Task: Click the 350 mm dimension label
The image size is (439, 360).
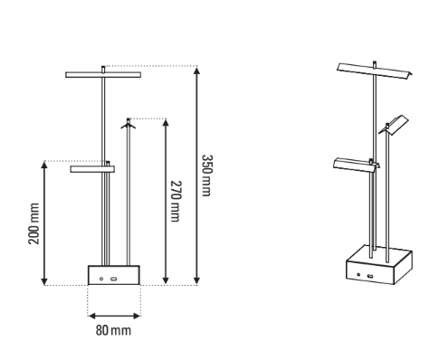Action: [207, 175]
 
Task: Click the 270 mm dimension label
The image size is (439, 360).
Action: [176, 201]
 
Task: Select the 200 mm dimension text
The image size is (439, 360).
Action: [33, 223]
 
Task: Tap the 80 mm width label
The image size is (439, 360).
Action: [113, 330]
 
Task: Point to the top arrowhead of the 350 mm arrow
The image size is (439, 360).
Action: [196, 71]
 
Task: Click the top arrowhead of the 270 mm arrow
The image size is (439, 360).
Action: [166, 123]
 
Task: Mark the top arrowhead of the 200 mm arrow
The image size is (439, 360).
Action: [44, 165]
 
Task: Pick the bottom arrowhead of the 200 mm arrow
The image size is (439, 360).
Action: [44, 281]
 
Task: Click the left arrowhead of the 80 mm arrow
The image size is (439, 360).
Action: [92, 316]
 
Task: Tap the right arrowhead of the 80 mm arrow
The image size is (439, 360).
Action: [137, 316]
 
